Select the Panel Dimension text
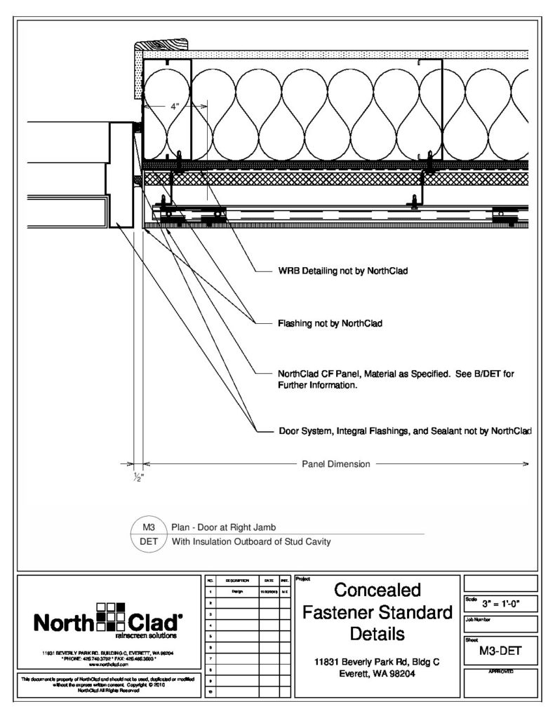tap(336, 463)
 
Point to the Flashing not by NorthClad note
tap(329, 324)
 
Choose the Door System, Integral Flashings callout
tap(403, 431)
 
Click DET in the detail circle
tap(148, 541)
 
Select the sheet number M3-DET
tap(501, 651)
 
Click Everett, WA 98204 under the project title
tap(377, 675)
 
